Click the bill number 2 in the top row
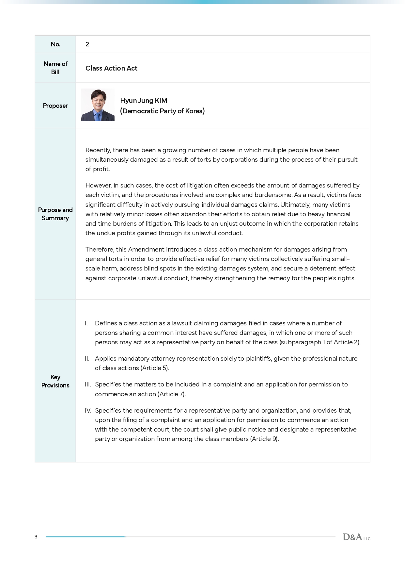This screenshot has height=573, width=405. coord(87,44)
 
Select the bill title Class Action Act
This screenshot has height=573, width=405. coord(111,68)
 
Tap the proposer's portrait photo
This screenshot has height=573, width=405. coord(98,105)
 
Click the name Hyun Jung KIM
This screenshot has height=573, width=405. coord(144,101)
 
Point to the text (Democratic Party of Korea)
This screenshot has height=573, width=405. coord(162,111)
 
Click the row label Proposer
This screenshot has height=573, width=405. coord(55,106)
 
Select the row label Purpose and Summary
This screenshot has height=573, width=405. coord(55,214)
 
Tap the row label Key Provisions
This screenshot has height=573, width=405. coord(55,381)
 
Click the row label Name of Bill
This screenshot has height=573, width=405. coord(55,68)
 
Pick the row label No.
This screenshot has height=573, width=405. coord(55,44)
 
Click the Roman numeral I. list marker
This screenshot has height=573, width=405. coord(86,323)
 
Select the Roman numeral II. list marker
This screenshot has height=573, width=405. coord(87,359)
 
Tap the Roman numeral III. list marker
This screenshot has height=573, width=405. coord(88,385)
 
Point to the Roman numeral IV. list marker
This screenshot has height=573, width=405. coord(88,411)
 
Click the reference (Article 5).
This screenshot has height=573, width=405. coord(155,368)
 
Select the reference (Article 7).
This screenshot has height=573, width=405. coord(172,394)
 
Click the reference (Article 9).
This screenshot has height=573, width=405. coord(264,439)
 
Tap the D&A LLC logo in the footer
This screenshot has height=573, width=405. coord(356,537)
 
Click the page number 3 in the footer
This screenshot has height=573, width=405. coord(36,537)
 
